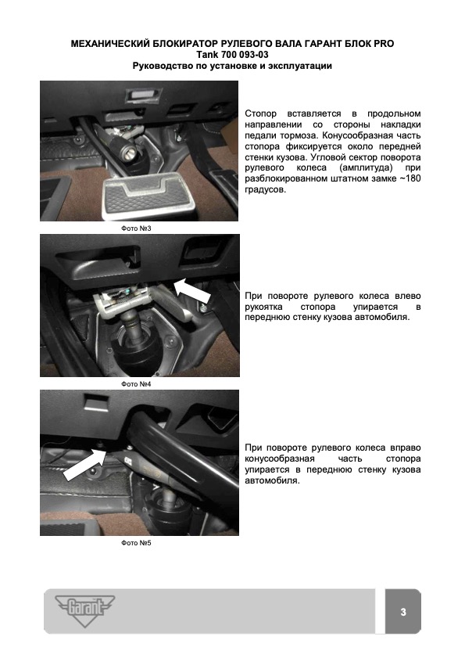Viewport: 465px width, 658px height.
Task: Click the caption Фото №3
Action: [136, 228]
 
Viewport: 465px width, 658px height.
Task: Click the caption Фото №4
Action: [136, 384]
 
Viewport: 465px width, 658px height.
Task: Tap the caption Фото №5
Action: [136, 543]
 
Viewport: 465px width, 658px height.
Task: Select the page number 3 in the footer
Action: [403, 612]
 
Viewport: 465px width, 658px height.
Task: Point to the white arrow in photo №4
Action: [192, 289]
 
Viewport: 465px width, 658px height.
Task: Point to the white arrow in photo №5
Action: [84, 465]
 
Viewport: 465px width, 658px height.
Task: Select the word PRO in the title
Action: [384, 44]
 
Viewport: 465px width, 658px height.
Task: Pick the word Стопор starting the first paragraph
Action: [260, 113]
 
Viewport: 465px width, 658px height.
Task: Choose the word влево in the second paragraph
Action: [409, 296]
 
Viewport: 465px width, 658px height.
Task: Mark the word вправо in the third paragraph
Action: [406, 448]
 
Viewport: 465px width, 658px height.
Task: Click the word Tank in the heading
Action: [207, 55]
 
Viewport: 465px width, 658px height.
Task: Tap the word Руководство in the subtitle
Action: [159, 66]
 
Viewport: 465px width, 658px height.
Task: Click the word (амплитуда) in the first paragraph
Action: [366, 168]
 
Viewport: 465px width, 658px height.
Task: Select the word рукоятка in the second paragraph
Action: [263, 307]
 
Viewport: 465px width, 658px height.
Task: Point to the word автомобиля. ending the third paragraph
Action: [272, 480]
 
